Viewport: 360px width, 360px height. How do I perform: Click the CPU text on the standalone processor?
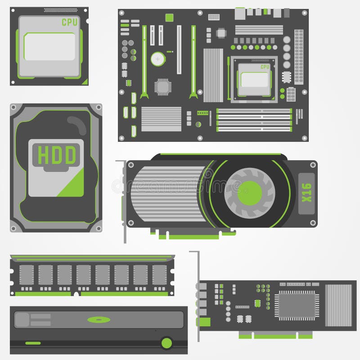[69, 22]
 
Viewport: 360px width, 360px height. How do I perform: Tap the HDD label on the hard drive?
[56, 155]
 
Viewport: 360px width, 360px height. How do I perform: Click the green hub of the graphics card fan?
[249, 193]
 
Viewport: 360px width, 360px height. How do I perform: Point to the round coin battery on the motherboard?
[157, 58]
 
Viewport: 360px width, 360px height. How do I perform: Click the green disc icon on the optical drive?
[99, 319]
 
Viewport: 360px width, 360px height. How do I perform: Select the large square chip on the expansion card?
[295, 304]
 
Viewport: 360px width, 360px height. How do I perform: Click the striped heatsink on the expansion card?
[338, 305]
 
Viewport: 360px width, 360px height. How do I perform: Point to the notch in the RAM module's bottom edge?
[76, 294]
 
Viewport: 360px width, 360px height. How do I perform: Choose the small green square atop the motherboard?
[169, 18]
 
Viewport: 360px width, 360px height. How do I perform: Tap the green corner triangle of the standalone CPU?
[84, 81]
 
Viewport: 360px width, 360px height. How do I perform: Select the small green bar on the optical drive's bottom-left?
[33, 343]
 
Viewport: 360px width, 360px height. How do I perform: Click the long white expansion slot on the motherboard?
[179, 49]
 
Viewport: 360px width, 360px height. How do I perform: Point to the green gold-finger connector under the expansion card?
[275, 335]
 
